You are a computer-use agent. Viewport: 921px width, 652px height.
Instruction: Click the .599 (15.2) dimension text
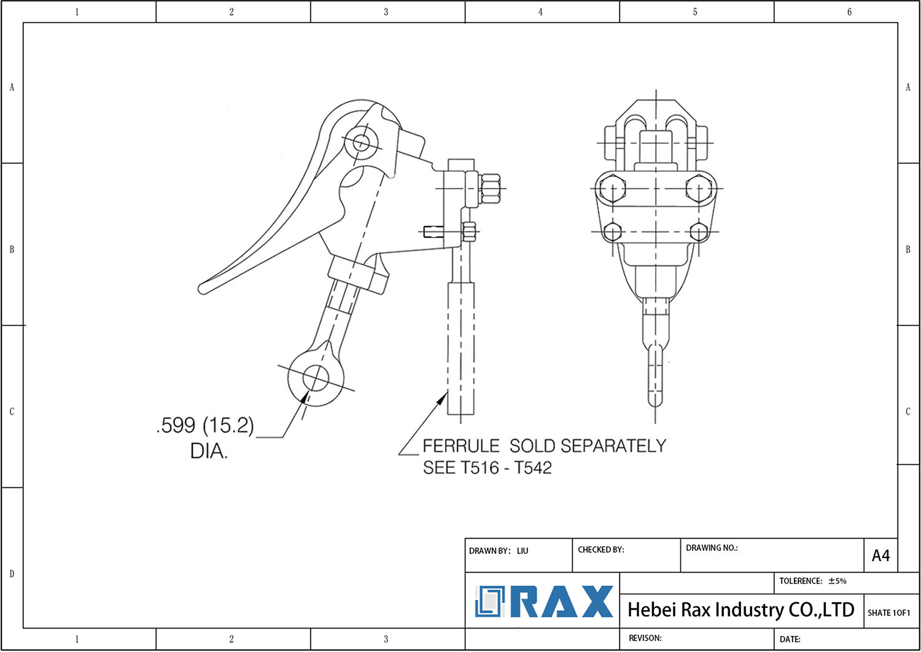(x=205, y=425)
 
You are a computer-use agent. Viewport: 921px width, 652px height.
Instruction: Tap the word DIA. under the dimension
(x=209, y=451)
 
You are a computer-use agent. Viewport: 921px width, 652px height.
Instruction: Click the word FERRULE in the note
(x=461, y=446)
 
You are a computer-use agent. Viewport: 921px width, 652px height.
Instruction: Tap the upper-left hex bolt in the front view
(x=612, y=188)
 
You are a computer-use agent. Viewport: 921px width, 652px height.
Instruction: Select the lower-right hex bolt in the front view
(x=699, y=232)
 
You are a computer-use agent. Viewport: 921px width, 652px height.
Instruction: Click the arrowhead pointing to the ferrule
(x=443, y=398)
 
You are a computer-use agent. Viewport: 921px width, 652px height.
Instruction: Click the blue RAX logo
(x=544, y=602)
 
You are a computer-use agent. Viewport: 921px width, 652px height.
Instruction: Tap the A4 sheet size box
(x=880, y=556)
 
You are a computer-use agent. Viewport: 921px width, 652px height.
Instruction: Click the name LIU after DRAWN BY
(x=522, y=551)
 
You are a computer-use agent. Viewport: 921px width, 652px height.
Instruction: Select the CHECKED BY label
(x=600, y=549)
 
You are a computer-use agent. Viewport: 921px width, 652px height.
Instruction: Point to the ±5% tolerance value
(x=837, y=581)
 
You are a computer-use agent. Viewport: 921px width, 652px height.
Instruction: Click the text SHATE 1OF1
(x=888, y=613)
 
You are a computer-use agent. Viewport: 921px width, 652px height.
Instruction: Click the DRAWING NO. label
(x=711, y=548)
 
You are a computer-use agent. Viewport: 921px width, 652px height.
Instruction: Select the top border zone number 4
(x=540, y=12)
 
